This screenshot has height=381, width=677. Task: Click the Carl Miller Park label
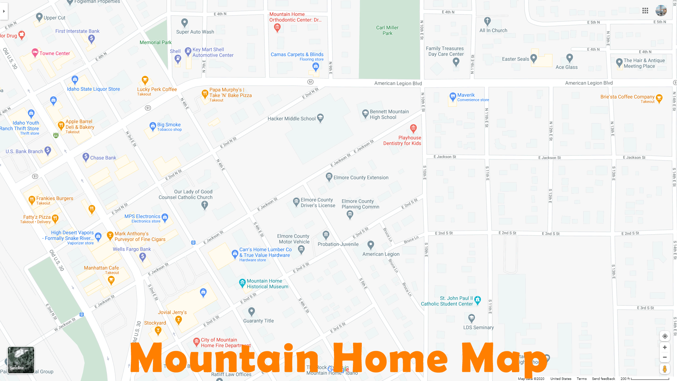coord(387,30)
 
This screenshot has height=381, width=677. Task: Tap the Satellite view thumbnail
coord(21,360)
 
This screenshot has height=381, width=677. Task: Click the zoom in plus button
coord(665,347)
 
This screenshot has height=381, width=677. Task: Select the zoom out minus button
coord(665,357)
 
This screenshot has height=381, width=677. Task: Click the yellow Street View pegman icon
coord(665,369)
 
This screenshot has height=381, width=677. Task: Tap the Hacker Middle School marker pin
coord(320,118)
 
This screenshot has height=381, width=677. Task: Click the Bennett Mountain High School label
coord(389,114)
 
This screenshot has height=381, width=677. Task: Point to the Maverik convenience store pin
coord(453,96)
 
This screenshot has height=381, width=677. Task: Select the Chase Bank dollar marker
coord(86,157)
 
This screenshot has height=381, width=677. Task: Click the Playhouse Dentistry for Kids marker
coord(413,128)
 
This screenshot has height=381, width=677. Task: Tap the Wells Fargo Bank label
coord(132,249)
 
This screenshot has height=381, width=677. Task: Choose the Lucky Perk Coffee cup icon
coord(145,80)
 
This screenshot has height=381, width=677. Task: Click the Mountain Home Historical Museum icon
coord(242,283)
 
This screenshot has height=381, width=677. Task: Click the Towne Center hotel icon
coord(35,53)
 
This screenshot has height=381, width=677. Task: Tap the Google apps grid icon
coord(645,11)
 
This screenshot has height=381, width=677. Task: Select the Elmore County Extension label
coord(361,177)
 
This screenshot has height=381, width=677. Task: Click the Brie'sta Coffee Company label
coord(627,97)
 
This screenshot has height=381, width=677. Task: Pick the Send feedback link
coord(603,379)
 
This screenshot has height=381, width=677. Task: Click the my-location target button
coord(665,336)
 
